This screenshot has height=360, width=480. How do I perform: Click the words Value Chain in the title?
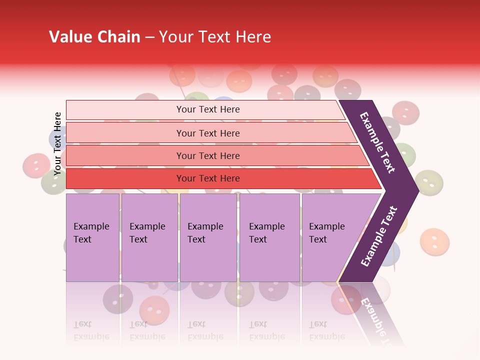tap(94, 37)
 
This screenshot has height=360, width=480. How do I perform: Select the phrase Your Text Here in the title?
tap(215, 37)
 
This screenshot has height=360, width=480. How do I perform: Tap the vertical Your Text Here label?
tap(57, 144)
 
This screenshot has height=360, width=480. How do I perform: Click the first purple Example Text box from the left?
tap(92, 237)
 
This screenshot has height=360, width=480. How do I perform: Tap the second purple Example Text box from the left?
tap(149, 237)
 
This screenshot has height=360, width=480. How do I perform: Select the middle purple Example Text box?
tap(208, 237)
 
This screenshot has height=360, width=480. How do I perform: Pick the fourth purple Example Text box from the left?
tap(269, 237)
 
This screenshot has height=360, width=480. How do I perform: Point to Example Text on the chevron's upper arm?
tap(377, 142)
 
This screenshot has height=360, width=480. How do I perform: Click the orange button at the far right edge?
tap(434, 242)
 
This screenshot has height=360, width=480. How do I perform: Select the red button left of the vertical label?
tap(36, 165)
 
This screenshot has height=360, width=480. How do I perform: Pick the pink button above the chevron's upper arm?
tap(405, 112)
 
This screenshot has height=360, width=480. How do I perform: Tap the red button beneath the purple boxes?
tap(154, 309)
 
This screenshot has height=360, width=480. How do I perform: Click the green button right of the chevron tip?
tap(429, 182)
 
